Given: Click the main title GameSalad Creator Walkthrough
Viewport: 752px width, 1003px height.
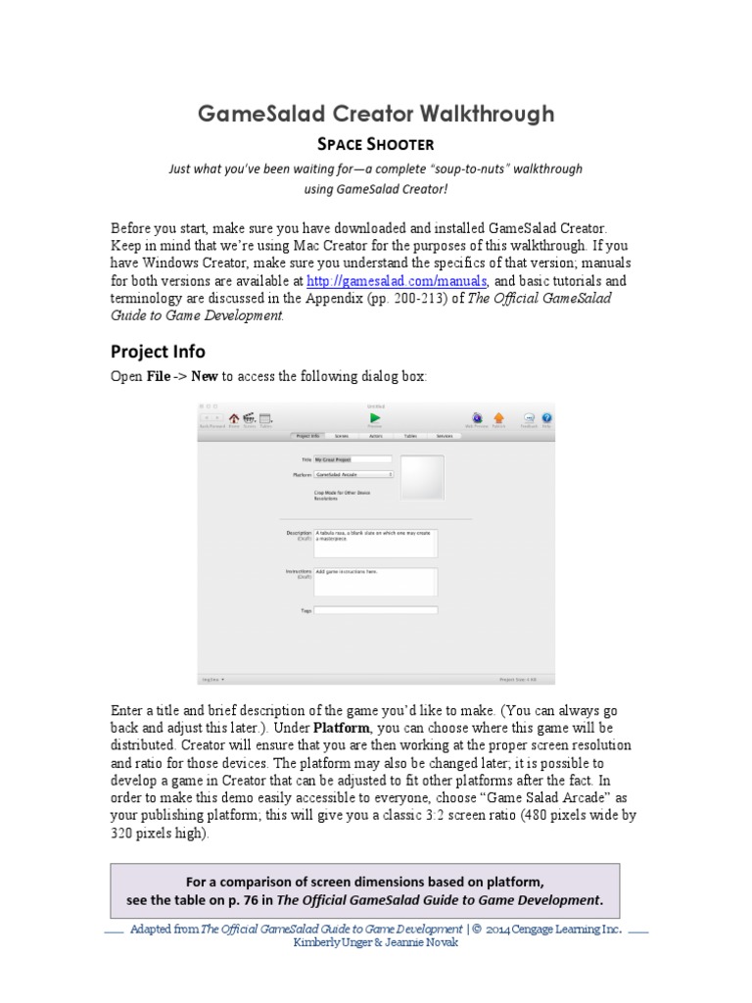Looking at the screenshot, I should (375, 114).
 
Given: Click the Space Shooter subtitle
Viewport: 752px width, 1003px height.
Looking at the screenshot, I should (375, 144).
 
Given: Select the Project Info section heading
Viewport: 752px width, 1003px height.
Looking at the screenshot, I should (157, 351).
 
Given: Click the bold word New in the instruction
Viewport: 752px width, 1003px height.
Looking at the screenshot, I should (205, 377).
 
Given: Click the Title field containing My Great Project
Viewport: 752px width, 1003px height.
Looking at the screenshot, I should (352, 458).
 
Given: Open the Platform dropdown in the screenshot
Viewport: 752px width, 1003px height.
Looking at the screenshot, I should (353, 474).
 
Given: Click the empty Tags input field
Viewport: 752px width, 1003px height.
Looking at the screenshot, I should (376, 610).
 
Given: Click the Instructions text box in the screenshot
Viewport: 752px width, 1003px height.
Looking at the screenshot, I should (376, 581).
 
